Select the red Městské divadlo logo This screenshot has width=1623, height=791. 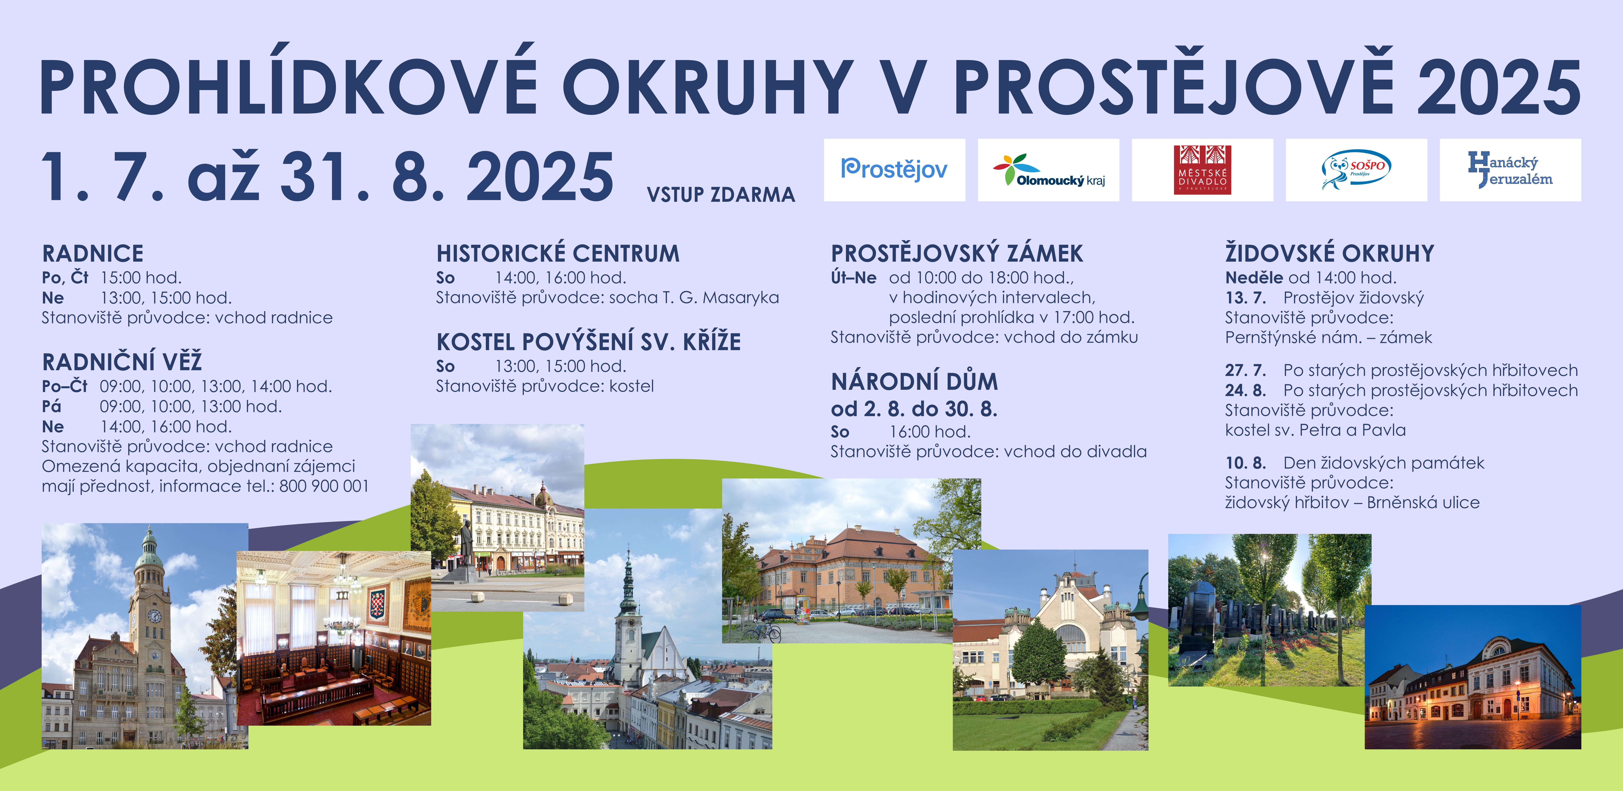[1202, 170]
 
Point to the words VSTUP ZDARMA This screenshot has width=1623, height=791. [721, 195]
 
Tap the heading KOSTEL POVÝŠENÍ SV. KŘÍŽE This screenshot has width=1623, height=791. [589, 342]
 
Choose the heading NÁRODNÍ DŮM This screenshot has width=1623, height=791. [914, 381]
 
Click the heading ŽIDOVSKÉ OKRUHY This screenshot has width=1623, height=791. [1329, 253]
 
